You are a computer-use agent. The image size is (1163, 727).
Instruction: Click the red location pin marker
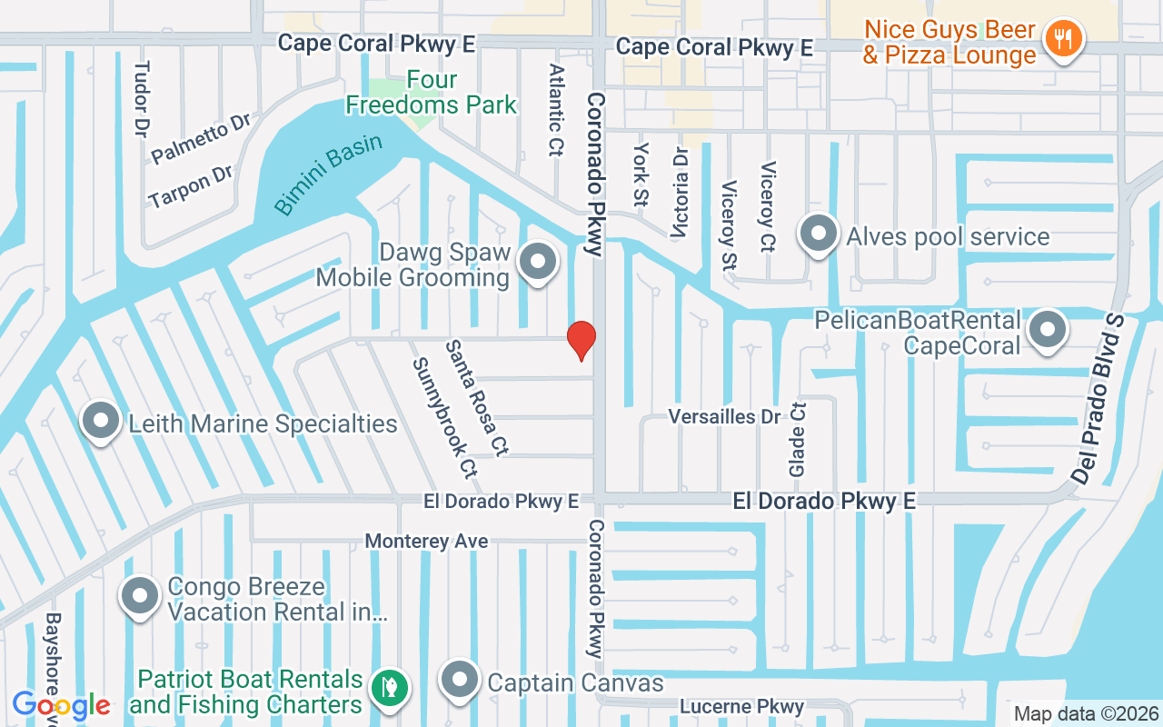[581, 339]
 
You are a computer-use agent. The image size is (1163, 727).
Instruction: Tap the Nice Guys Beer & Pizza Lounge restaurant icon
[1062, 39]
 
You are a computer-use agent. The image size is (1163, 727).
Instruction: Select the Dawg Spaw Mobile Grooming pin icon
[538, 262]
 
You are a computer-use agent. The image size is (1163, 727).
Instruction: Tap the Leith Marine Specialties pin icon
[102, 421]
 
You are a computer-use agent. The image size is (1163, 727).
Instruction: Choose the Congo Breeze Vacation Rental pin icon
[141, 596]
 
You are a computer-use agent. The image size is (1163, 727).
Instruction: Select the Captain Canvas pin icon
[460, 680]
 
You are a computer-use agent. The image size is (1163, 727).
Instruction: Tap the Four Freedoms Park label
[431, 93]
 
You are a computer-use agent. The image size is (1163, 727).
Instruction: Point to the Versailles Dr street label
[724, 417]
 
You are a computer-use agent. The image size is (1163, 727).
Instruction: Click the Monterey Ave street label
[426, 542]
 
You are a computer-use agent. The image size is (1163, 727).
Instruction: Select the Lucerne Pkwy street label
[742, 706]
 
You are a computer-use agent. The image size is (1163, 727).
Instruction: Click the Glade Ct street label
[797, 440]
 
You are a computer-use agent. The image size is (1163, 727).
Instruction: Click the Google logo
[61, 704]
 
